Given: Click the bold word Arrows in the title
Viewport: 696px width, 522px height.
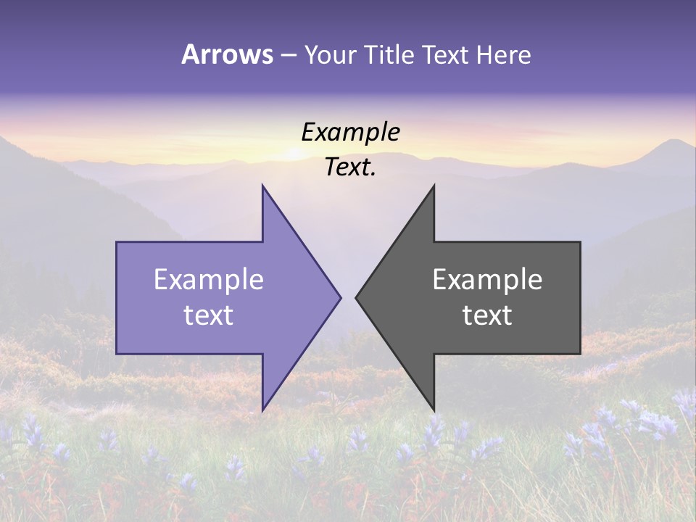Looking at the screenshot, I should (228, 54).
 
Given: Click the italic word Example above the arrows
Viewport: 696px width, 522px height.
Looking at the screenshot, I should (350, 132).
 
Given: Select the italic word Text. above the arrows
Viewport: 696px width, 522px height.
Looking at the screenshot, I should (350, 167).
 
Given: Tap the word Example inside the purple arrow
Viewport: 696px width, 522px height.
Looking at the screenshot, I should (209, 279).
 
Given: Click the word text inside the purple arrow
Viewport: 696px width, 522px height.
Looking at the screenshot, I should (209, 315).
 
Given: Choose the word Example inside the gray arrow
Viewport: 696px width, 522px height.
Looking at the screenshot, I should (487, 279).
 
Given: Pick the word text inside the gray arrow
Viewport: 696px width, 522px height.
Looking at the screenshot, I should (487, 315).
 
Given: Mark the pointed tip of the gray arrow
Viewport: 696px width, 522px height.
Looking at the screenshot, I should (357, 297).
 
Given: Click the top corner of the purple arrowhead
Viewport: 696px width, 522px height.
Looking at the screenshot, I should (262, 186).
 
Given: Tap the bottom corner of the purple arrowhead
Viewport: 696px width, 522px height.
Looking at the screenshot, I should (262, 410).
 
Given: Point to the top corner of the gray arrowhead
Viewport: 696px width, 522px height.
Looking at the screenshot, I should (434, 186).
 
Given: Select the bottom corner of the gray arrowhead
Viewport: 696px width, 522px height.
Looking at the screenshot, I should (434, 410).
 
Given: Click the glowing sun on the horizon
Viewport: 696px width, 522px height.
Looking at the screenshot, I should (294, 152).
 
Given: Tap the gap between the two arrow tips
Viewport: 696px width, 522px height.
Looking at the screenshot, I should (348, 297).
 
